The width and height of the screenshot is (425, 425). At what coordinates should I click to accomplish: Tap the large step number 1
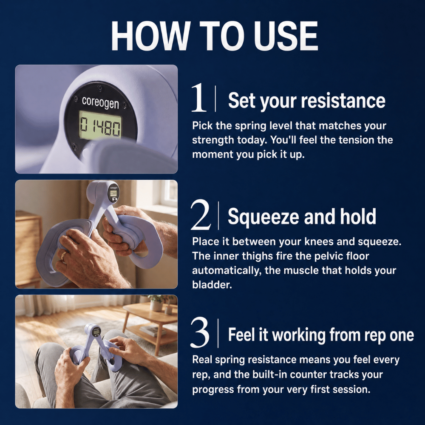coord(198,98)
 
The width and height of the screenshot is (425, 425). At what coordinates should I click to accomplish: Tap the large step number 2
coord(201,215)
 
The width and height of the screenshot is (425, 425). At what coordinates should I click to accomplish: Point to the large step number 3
coord(200,332)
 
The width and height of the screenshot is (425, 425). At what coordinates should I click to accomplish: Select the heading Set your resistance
coord(306,101)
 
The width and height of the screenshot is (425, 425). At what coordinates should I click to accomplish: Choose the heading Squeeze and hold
coord(302,217)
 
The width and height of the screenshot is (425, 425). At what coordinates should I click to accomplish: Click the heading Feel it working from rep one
coord(321,335)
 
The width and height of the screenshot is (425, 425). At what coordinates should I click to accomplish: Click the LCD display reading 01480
coord(100,127)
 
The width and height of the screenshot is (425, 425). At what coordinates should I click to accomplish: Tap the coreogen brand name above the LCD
coord(100,102)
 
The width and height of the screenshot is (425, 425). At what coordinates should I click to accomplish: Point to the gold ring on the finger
coord(63,255)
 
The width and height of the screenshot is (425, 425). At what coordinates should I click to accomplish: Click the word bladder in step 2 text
coord(212,285)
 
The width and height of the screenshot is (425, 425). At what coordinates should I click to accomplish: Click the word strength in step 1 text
coord(213,140)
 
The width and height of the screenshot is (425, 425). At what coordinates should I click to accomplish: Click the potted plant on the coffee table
coord(157,302)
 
